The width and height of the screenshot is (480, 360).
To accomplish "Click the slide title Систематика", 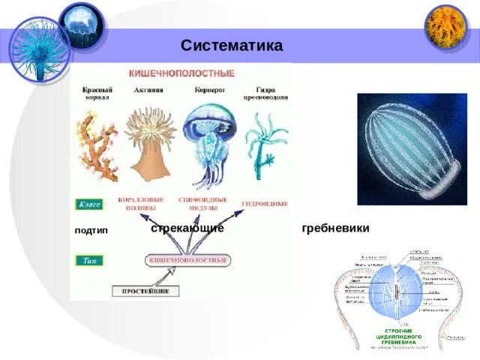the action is click(x=232, y=46).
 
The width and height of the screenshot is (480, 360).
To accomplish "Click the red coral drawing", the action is click(x=97, y=150).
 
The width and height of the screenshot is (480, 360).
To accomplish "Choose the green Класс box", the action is click(x=91, y=203).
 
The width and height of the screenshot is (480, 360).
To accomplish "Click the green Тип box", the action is click(x=89, y=260).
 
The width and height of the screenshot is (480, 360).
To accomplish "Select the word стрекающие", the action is click(x=187, y=228).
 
